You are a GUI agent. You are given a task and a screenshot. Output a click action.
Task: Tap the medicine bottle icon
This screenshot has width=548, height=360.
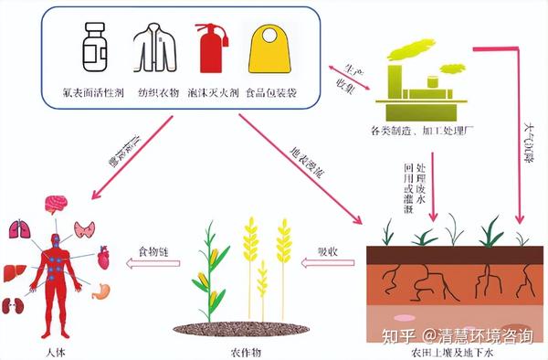click(x=93, y=48)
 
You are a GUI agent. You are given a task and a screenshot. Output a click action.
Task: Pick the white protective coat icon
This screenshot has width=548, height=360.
click(x=151, y=47)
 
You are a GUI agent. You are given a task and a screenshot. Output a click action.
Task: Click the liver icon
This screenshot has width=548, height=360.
click(x=14, y=271)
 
